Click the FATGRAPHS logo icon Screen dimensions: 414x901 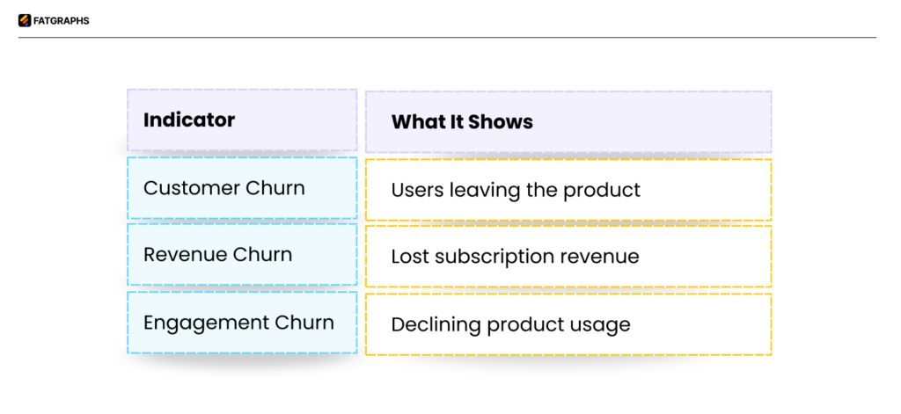25,21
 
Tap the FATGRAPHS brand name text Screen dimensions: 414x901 62,21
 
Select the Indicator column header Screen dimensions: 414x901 189,120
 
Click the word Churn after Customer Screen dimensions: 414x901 275,188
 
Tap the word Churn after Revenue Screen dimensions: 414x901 262,255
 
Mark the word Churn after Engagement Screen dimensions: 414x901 305,323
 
